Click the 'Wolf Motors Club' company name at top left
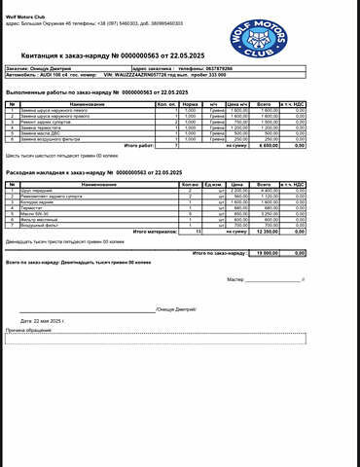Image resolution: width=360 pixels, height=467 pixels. point(27,6)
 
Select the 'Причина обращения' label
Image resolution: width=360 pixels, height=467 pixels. point(29,331)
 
